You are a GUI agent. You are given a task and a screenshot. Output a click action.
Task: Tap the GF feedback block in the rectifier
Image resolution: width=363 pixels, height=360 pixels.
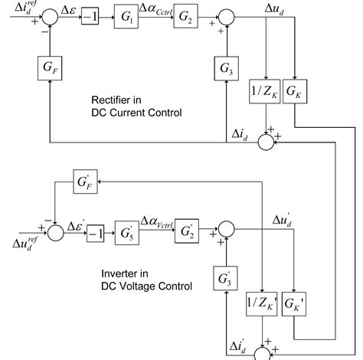click(x=49, y=68)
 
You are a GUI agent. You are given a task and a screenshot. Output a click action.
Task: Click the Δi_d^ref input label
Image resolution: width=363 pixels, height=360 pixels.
click(x=17, y=8)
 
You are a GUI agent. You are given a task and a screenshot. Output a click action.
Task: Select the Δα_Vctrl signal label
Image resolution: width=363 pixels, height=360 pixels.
click(x=157, y=223)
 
